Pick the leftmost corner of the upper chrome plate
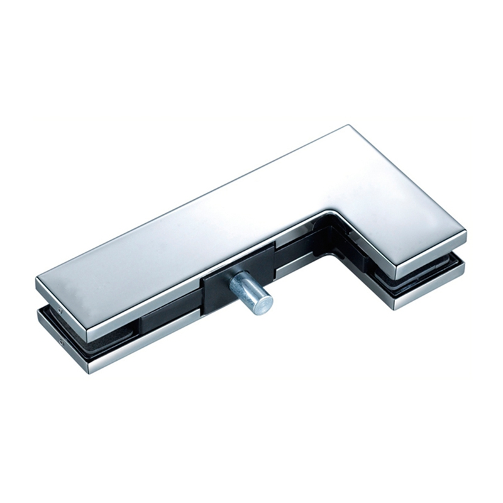pyautogui.click(x=36, y=279)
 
